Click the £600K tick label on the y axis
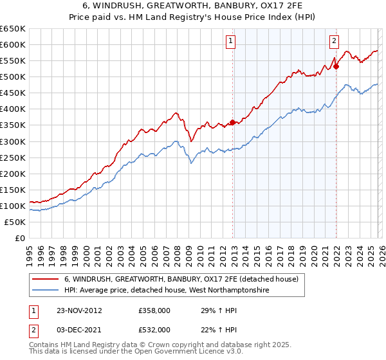(x=13, y=44)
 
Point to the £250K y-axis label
(x=13, y=157)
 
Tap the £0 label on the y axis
(x=20, y=238)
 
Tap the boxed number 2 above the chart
(x=335, y=42)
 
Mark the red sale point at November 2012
(x=232, y=122)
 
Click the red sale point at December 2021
(x=336, y=66)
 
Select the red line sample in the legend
(x=46, y=280)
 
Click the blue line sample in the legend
(x=46, y=291)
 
